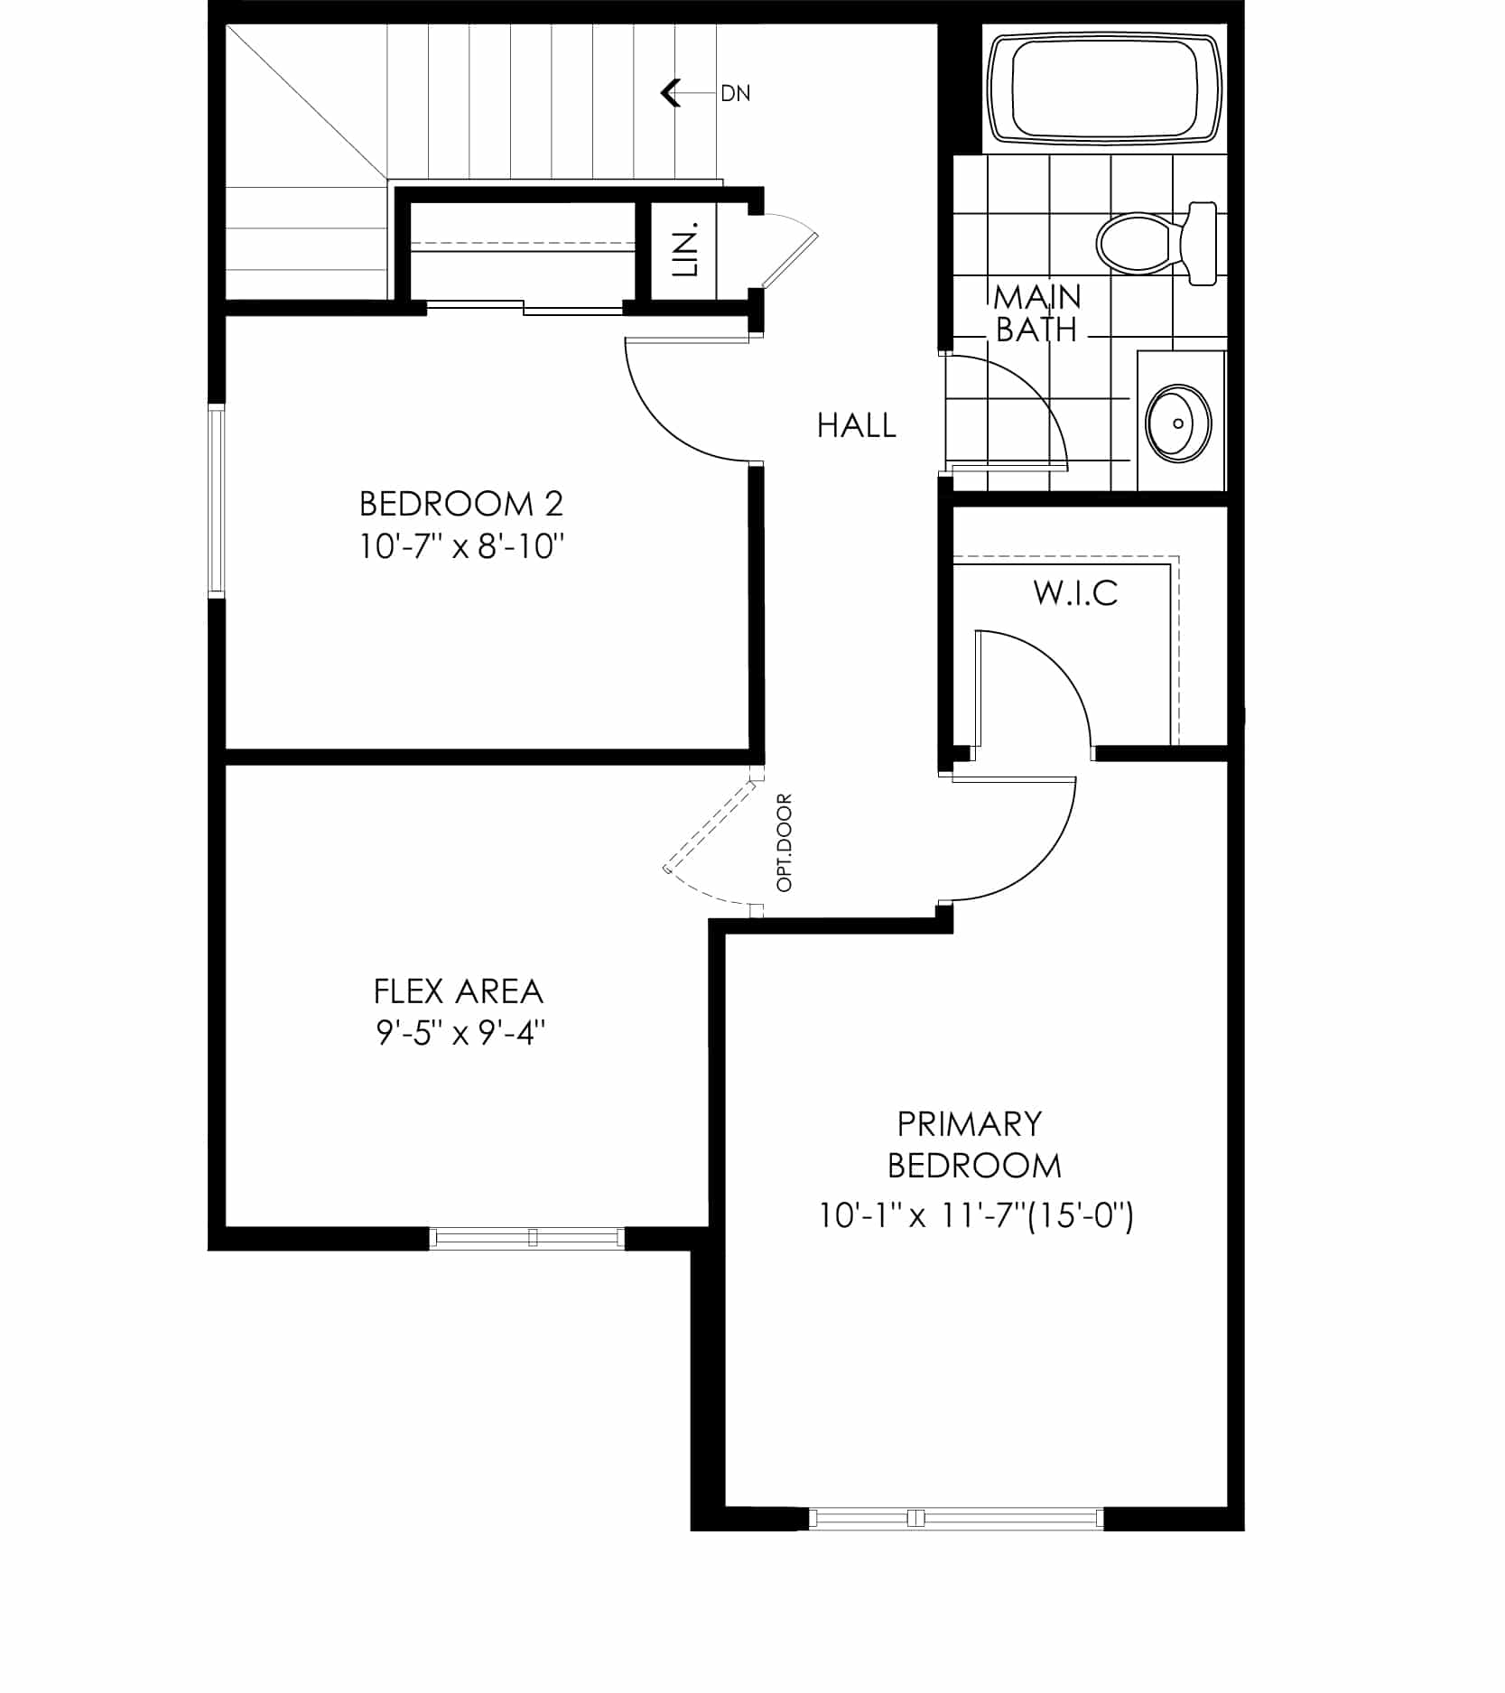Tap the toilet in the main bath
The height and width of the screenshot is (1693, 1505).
pyautogui.click(x=1157, y=242)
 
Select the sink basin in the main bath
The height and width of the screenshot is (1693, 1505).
pyautogui.click(x=1177, y=423)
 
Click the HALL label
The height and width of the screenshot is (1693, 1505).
pyautogui.click(x=856, y=425)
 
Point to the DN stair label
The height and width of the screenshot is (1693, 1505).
pyautogui.click(x=735, y=93)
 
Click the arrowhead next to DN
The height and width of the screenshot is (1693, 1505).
pyautogui.click(x=670, y=93)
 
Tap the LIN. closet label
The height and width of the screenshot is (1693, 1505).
pyautogui.click(x=687, y=248)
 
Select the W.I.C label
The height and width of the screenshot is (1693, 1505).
pyautogui.click(x=1075, y=593)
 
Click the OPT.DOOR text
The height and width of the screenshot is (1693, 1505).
pyautogui.click(x=784, y=842)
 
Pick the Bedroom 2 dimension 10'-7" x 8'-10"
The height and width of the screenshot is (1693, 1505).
pyautogui.click(x=461, y=546)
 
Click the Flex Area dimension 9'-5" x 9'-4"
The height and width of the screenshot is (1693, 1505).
pyautogui.click(x=460, y=1031)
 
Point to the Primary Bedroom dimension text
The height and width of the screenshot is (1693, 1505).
pyautogui.click(x=976, y=1215)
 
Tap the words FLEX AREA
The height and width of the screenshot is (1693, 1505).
pyautogui.click(x=459, y=991)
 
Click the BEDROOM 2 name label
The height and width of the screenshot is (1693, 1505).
pyautogui.click(x=461, y=503)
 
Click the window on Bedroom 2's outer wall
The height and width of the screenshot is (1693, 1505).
pyautogui.click(x=216, y=501)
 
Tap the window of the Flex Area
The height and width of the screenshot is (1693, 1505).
pyautogui.click(x=526, y=1237)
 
